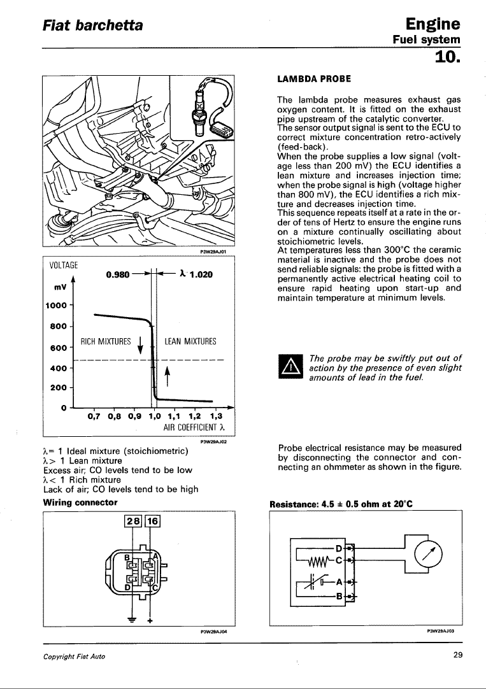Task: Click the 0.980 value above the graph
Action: tap(118, 274)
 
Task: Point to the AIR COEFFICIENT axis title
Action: tap(191, 427)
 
